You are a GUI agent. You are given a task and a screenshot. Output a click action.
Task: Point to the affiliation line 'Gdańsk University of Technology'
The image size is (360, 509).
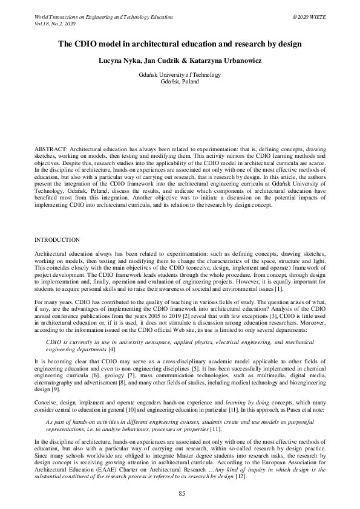(x=180, y=75)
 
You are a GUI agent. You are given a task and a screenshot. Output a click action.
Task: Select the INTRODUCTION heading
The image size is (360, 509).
(x=57, y=240)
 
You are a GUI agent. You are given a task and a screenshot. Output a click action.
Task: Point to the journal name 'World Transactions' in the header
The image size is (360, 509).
(x=54, y=15)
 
